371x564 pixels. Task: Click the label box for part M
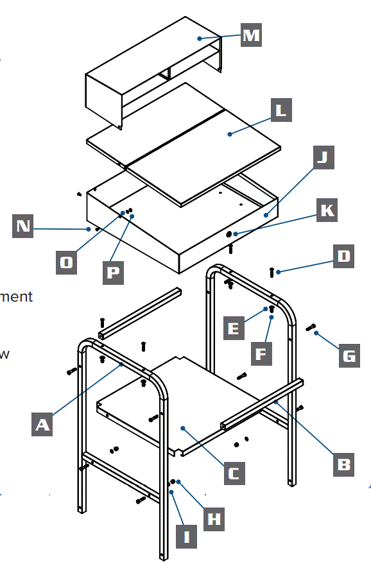(251, 35)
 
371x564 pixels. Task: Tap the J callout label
(325, 156)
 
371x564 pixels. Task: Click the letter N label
(24, 226)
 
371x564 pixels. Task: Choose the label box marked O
(67, 262)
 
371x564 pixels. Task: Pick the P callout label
(114, 271)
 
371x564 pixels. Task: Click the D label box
(343, 256)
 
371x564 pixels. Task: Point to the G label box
(348, 355)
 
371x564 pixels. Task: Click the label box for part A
(42, 424)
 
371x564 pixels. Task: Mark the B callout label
(344, 464)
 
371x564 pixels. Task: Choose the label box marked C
(234, 474)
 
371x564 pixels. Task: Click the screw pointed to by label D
(273, 272)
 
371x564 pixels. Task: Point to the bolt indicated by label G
(311, 328)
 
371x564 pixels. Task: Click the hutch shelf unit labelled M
(154, 71)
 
